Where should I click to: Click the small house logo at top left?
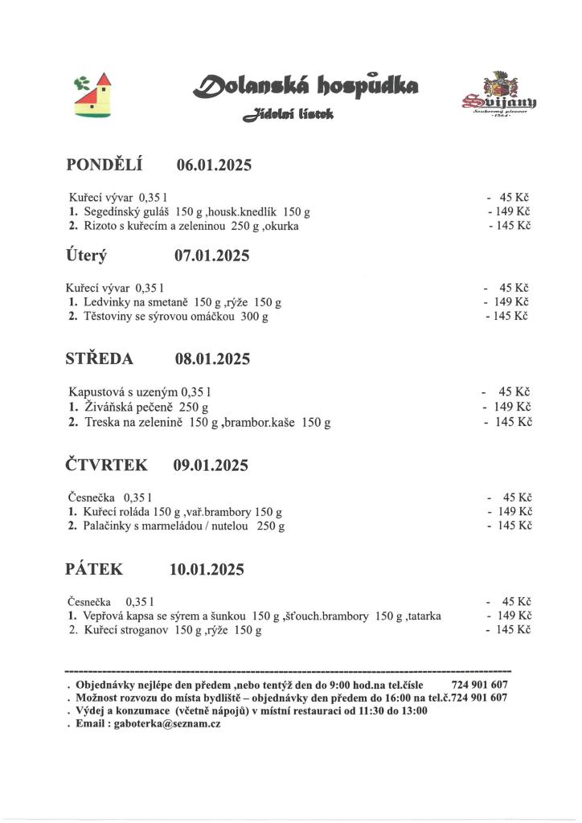[93, 95]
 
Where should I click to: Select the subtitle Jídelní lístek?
[288, 117]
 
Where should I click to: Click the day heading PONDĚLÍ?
[104, 166]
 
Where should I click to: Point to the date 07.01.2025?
[211, 256]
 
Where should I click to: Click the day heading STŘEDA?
[99, 358]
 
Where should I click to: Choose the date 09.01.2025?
[211, 465]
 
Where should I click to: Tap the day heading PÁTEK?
[94, 570]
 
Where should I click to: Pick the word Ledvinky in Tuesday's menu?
[106, 302]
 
